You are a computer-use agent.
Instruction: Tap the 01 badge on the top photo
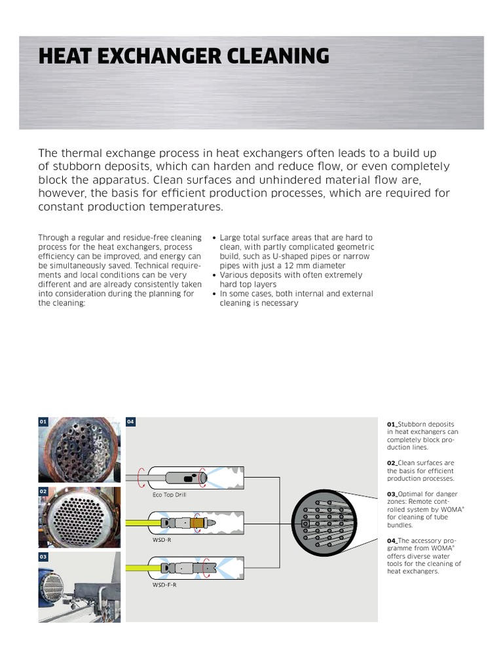43,422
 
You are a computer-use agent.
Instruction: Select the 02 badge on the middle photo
43,491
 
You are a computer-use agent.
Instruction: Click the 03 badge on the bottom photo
43,557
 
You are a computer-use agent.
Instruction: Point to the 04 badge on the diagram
131,422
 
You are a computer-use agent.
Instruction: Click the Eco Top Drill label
170,495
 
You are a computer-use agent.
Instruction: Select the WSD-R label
161,540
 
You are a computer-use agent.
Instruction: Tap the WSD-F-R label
164,584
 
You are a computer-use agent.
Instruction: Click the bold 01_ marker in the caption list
392,424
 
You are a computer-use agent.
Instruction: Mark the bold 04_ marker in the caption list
392,540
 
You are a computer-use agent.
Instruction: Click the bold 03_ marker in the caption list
392,494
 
